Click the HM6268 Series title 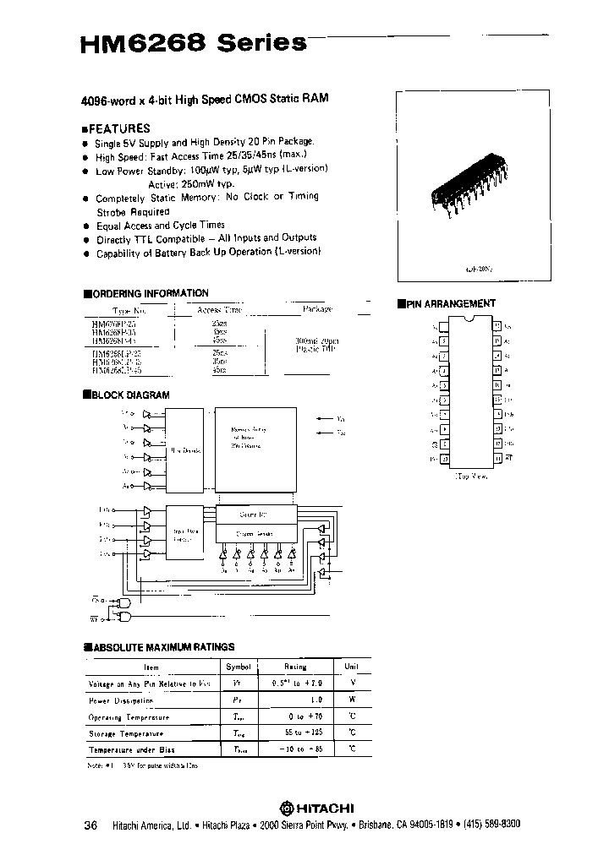(193, 43)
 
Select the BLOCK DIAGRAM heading (130, 395)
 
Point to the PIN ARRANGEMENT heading (452, 303)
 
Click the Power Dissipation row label (122, 700)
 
